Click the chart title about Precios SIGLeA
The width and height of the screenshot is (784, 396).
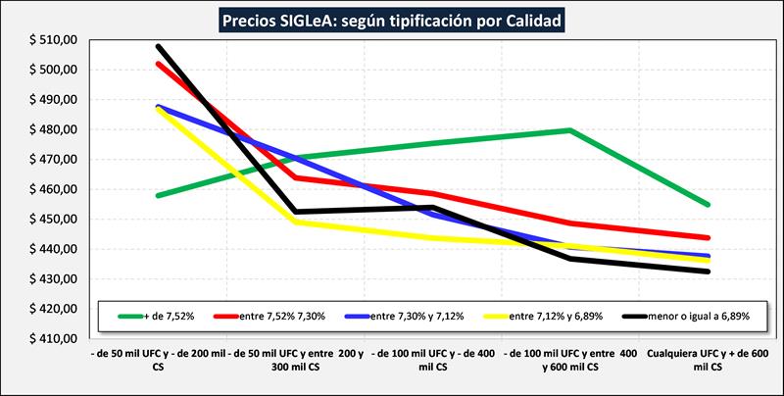392,19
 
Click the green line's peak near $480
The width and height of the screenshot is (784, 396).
569,130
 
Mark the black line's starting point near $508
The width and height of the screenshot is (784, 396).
158,46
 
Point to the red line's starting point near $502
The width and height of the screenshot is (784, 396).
158,64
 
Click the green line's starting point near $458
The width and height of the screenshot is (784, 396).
158,196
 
